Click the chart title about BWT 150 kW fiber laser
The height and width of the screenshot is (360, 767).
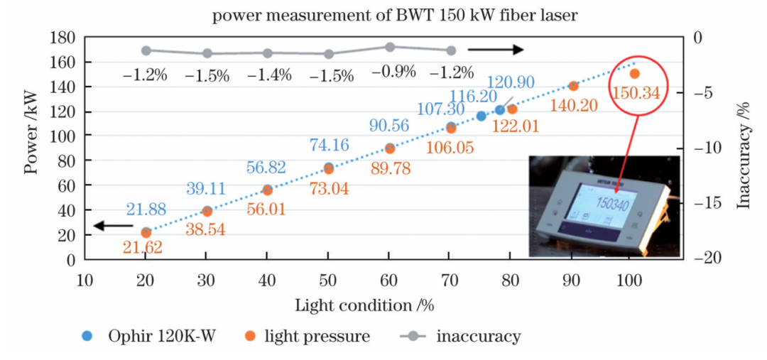(x=383, y=15)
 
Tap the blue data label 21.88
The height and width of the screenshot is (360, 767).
(x=146, y=209)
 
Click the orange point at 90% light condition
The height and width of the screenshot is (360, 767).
(x=573, y=86)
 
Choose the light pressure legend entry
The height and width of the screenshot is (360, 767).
(x=308, y=336)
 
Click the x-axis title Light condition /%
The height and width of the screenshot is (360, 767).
(x=364, y=306)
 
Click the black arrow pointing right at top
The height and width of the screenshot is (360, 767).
(x=496, y=50)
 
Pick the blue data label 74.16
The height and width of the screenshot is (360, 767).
(x=329, y=145)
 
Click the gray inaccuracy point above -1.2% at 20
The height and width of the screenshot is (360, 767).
(x=146, y=50)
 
